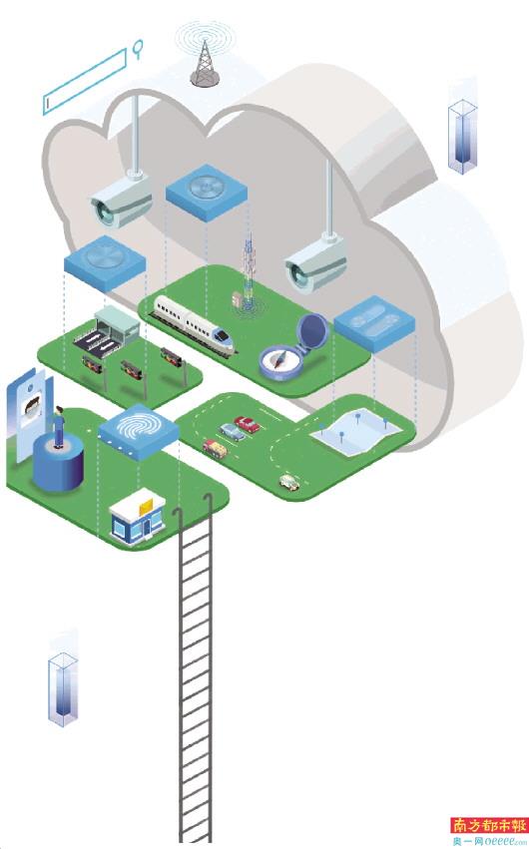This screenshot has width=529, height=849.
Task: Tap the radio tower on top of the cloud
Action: [x=205, y=62]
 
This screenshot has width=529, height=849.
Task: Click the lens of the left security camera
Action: [x=103, y=212]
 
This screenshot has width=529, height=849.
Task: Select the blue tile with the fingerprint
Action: [x=138, y=430]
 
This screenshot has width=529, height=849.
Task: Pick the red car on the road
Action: [x=247, y=424]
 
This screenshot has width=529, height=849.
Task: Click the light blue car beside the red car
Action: [x=232, y=432]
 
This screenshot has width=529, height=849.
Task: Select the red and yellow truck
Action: [x=215, y=447]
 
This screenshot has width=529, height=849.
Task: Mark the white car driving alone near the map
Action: [x=289, y=481]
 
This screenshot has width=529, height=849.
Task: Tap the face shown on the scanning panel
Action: [x=33, y=406]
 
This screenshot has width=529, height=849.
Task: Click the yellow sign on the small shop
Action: [x=146, y=508]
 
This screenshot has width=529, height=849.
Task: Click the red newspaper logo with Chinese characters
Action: [x=489, y=825]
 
